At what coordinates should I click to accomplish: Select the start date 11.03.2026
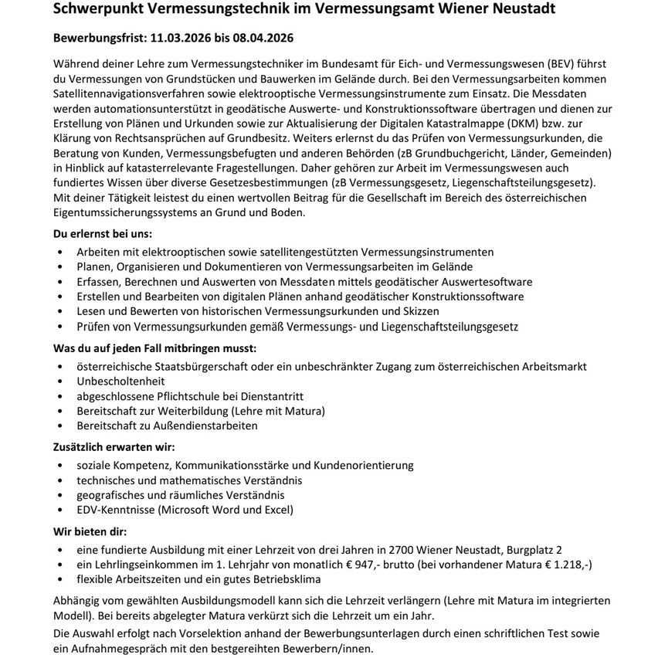182,37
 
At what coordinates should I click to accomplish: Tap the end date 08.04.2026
264,37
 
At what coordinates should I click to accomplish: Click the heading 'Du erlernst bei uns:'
103,232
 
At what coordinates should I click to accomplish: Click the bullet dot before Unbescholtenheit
61,381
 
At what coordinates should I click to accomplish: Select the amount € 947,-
358,565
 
